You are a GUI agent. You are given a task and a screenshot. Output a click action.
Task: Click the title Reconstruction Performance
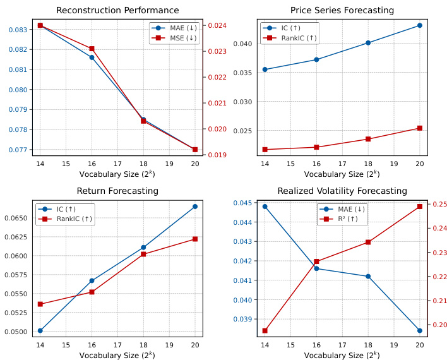117,10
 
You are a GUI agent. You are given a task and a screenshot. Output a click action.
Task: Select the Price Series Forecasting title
342,10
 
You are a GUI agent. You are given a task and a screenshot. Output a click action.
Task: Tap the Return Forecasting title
117,191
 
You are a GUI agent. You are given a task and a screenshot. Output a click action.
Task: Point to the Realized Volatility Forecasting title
342,191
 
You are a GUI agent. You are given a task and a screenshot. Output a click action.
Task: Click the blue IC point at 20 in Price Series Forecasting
420,25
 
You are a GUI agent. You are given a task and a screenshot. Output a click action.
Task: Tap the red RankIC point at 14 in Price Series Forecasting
265,150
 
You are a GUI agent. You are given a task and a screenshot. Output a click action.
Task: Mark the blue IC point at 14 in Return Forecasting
40,330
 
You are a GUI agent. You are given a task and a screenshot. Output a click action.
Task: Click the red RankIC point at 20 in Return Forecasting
195,239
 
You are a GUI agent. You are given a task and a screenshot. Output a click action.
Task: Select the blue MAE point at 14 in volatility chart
265,206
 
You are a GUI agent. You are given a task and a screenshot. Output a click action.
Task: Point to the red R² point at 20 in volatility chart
420,207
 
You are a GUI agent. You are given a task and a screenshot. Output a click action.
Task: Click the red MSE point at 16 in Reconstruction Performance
92,49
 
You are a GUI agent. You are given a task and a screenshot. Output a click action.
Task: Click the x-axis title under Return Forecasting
117,356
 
